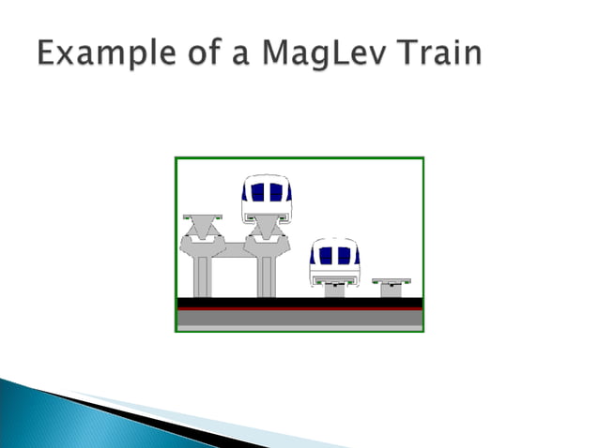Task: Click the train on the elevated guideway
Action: pyautogui.click(x=268, y=198)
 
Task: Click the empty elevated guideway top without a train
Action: pyautogui.click(x=202, y=218)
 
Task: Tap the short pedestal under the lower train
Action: pyautogui.click(x=334, y=291)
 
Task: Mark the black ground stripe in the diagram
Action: pyautogui.click(x=299, y=301)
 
